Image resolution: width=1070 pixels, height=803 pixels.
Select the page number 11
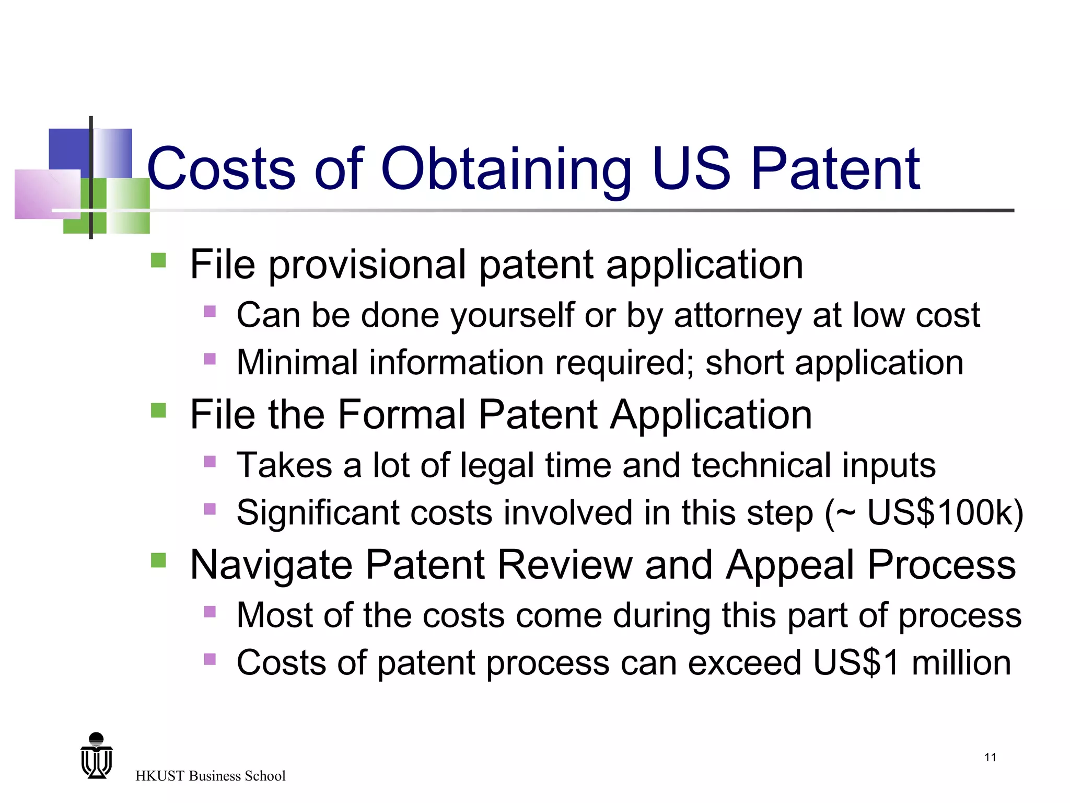coord(990,758)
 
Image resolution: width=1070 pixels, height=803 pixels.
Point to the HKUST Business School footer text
coord(210,776)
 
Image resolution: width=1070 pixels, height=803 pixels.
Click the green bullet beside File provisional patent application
coord(158,260)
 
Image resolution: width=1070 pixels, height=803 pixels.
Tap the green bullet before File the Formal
coord(158,410)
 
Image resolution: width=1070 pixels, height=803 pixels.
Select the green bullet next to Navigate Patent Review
coord(158,560)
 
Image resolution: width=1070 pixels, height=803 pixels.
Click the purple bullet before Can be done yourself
coord(210,312)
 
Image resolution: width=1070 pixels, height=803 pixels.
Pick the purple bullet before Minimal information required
coord(210,359)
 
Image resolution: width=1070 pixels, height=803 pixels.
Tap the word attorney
coord(737,316)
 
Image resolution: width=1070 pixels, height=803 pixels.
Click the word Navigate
coord(271,566)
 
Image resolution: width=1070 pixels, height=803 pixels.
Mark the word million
coord(961,662)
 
